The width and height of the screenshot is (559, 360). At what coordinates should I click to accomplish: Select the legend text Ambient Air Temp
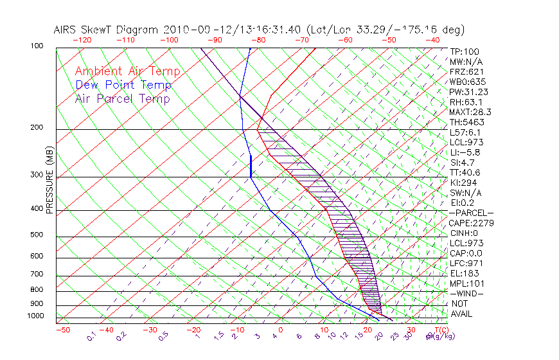[127, 71]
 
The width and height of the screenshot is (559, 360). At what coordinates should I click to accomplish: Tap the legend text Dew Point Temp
[123, 85]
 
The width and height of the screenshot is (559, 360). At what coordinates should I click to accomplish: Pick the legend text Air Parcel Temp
[123, 98]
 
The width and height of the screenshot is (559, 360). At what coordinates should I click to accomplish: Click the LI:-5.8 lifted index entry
[464, 152]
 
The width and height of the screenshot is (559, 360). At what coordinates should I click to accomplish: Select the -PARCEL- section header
[471, 213]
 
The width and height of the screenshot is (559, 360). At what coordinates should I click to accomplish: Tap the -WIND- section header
[467, 293]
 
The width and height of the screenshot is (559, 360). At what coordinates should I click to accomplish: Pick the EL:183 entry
[462, 273]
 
